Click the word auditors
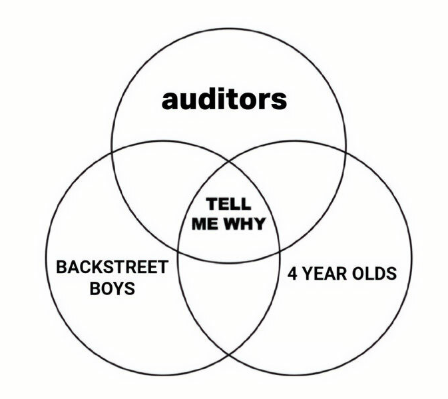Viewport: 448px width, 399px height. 224,99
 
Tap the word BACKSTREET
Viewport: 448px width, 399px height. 112,268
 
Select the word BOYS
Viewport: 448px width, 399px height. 112,288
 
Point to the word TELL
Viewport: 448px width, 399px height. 228,204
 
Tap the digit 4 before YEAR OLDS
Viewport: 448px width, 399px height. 292,274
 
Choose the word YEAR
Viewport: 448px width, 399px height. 322,274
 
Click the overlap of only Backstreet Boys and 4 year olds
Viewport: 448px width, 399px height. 228,300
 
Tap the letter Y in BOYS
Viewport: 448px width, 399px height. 118,288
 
